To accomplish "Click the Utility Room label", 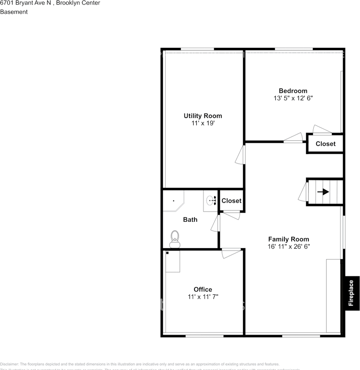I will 203,116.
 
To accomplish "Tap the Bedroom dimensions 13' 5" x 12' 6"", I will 293,98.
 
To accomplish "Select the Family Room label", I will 289,239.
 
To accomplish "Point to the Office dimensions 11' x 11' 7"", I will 203,297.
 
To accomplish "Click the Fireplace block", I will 352,293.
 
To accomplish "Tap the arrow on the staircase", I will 323,192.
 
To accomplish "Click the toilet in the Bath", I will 175,239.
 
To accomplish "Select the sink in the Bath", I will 210,200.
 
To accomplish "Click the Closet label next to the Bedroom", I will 326,144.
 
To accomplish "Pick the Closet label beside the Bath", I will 232,201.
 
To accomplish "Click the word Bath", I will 190,220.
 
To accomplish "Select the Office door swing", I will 231,253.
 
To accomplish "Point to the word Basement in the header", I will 14,12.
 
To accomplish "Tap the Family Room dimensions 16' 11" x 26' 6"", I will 289,246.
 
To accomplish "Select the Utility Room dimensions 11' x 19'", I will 203,123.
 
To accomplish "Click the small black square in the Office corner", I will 167,253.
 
